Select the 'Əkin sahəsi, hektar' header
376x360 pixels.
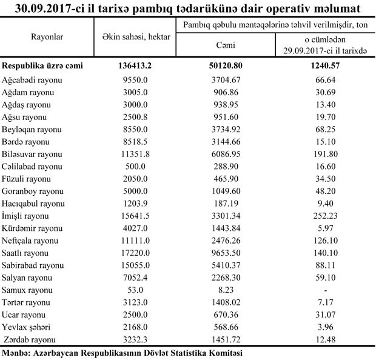136,37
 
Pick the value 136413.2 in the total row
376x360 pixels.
136,65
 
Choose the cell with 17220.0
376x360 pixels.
136,253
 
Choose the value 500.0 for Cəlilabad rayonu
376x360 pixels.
136,166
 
